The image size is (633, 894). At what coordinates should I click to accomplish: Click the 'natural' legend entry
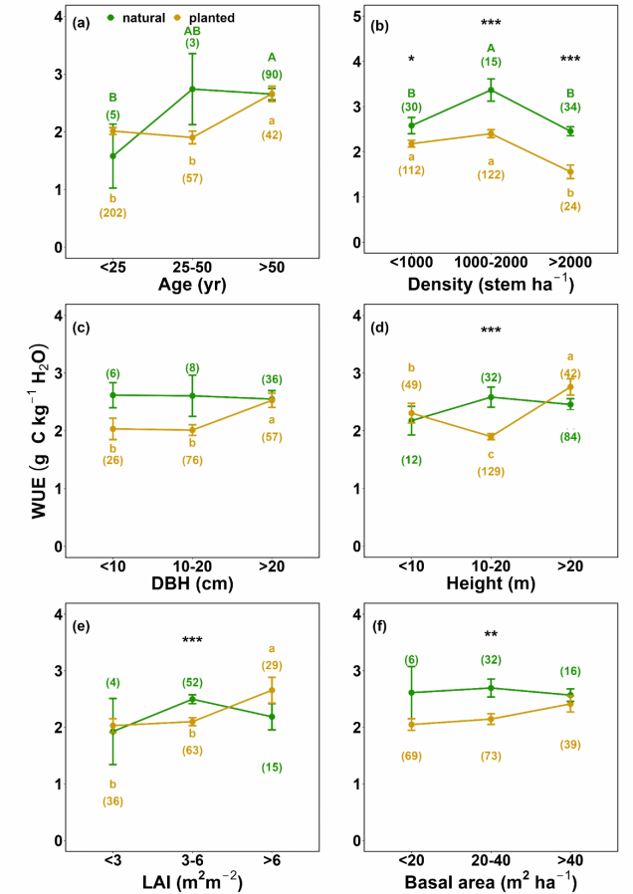(x=141, y=18)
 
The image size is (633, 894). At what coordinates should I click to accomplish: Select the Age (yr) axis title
(x=190, y=286)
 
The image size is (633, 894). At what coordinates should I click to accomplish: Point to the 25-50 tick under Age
(x=190, y=266)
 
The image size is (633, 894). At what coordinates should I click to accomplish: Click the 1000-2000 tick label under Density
(x=491, y=266)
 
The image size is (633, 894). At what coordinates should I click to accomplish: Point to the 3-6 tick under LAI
(x=190, y=859)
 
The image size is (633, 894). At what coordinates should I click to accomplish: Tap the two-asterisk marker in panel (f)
(x=491, y=635)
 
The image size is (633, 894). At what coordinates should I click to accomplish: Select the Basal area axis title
(x=491, y=880)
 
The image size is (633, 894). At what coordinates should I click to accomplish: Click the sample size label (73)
(x=491, y=758)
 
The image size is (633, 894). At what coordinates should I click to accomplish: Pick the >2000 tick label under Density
(x=570, y=266)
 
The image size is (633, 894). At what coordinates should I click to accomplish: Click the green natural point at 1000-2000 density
(x=491, y=91)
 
